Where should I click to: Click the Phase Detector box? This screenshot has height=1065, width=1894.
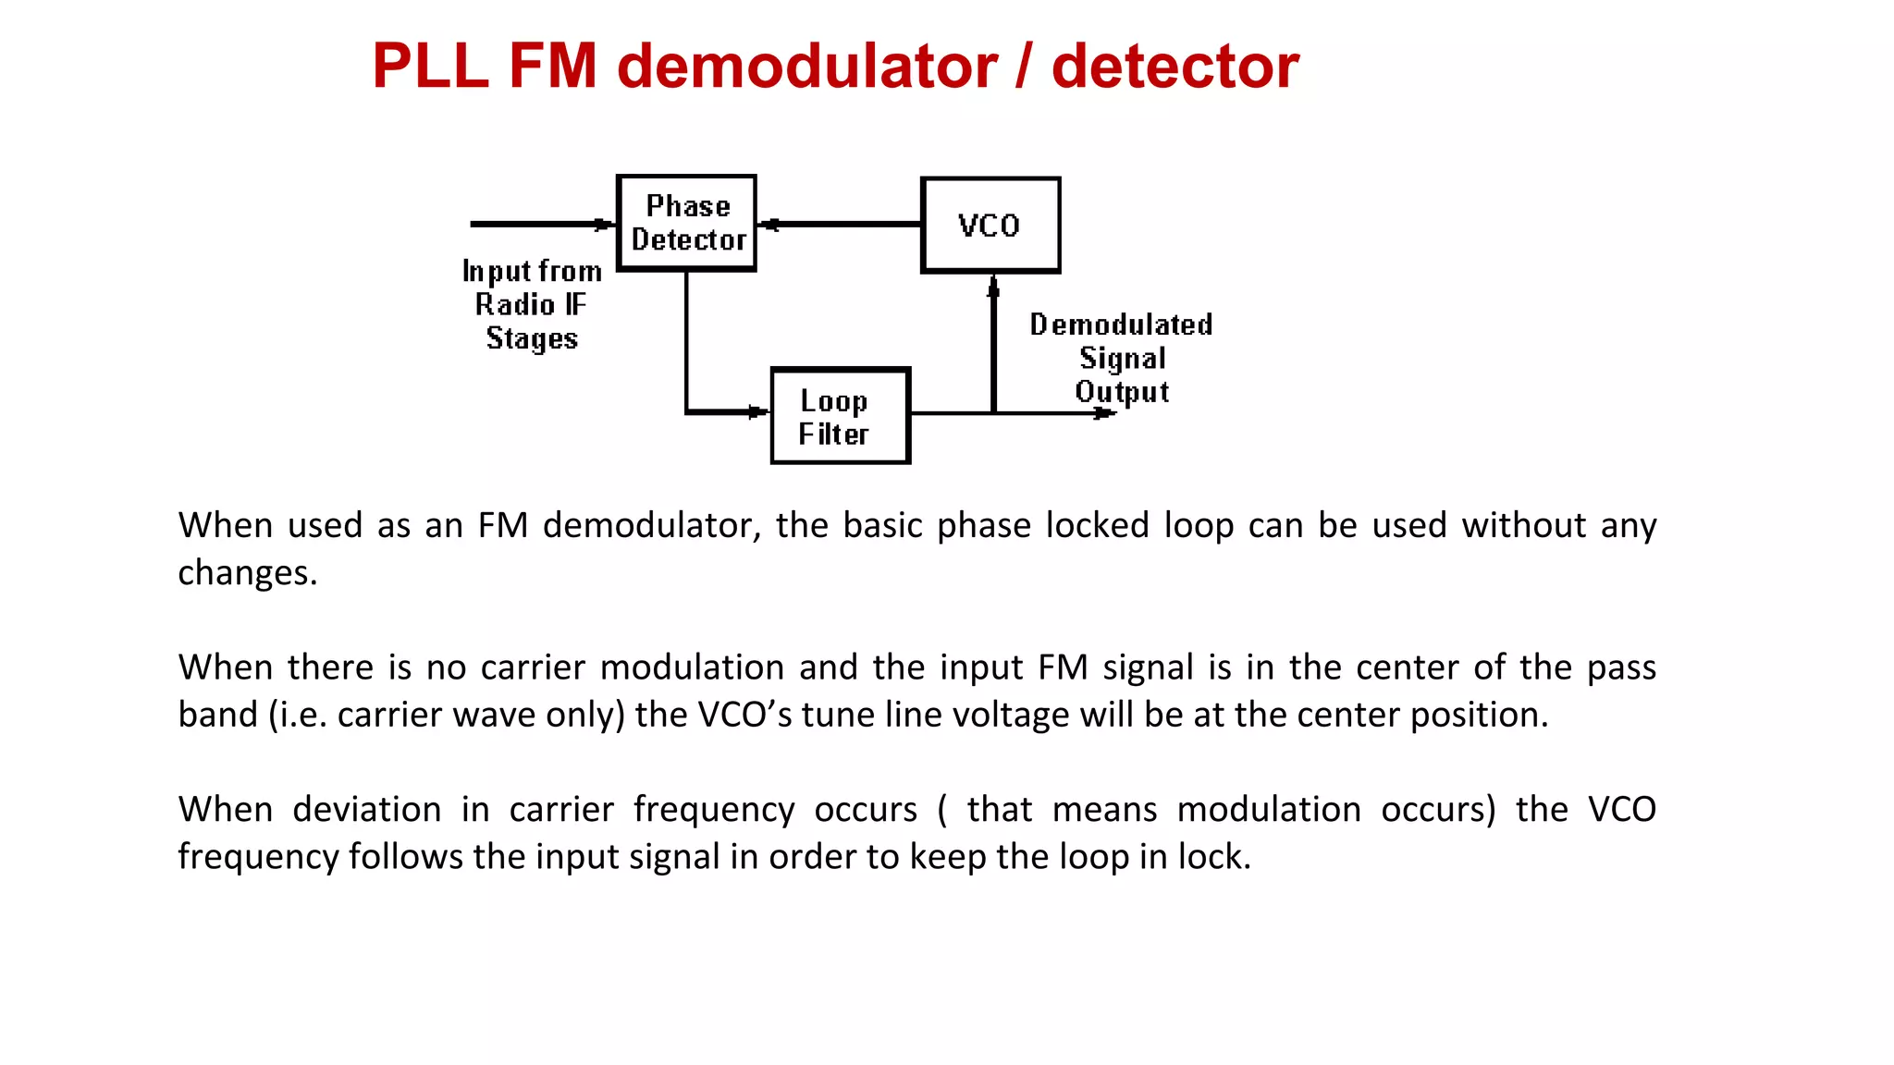(x=686, y=223)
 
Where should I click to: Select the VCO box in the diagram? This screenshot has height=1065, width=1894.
(x=990, y=225)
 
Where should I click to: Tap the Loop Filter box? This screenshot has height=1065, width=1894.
(x=840, y=416)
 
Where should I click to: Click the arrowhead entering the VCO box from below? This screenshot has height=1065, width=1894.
(x=993, y=288)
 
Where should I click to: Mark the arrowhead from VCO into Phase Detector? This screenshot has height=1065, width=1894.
(x=770, y=225)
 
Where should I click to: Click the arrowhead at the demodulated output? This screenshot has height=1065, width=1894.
(x=1104, y=413)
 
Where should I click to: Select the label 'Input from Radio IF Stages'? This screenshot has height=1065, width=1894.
(x=532, y=304)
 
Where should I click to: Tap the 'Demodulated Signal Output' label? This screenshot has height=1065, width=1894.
(x=1121, y=358)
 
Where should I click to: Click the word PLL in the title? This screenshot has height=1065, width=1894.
(x=430, y=67)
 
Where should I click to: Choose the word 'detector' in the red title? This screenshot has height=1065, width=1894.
(x=1175, y=67)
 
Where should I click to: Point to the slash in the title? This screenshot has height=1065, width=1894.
(x=1024, y=67)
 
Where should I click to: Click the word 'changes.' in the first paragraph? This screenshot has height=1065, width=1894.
(x=247, y=573)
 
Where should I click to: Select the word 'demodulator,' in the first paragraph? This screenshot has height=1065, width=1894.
(x=651, y=525)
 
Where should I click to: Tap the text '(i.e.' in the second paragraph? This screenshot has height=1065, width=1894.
(x=298, y=715)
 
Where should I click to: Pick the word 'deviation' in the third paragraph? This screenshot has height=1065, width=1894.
(x=367, y=810)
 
